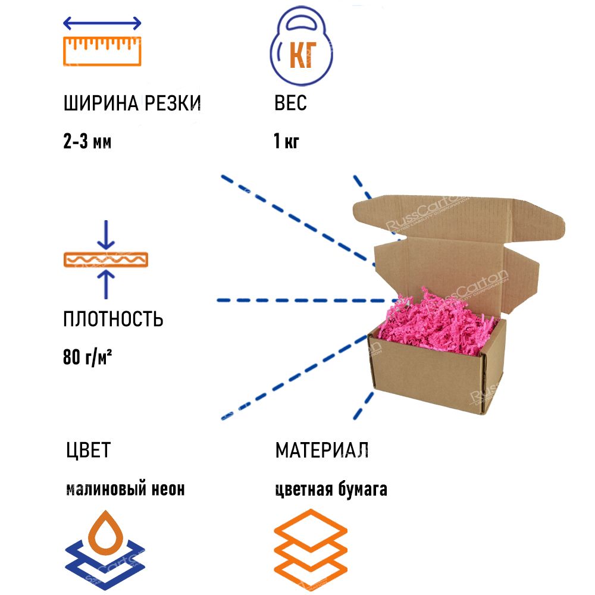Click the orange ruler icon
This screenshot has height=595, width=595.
pos(102,51)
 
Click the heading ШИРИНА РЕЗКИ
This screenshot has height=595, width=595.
pos(132,104)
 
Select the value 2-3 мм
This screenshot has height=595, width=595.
pos(87,142)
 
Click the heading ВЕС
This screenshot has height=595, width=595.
pos(290,104)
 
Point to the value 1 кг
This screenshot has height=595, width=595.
pos(286,142)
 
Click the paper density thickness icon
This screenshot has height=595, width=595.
pos(106,260)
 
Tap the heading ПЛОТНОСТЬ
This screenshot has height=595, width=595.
pos(113,319)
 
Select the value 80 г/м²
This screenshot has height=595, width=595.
pos(88,358)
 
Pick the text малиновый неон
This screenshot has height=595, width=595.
pos(125,489)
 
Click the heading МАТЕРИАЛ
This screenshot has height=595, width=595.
pos(322,450)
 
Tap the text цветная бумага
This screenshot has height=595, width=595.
pos(331,489)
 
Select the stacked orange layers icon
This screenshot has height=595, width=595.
pos(311,548)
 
